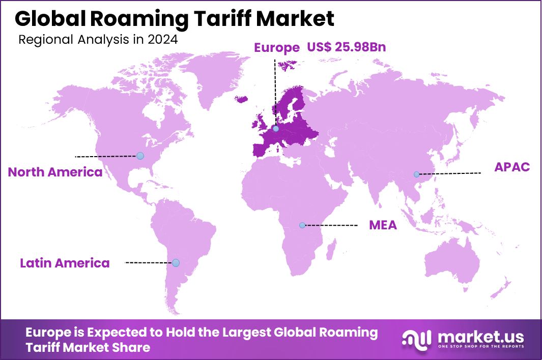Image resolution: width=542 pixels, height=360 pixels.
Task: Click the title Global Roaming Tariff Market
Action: coord(175,18)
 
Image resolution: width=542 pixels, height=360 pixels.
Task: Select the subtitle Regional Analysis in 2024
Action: coord(98,40)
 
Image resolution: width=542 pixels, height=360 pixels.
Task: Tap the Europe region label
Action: coord(276,48)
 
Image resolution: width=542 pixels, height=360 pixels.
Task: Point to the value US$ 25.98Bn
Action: coord(346,48)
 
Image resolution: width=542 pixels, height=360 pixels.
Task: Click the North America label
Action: coord(55,172)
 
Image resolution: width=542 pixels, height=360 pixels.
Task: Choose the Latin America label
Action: coord(65,263)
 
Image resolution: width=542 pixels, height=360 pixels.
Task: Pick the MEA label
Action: coord(383,225)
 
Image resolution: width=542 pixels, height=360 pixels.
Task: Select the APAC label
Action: coord(512,167)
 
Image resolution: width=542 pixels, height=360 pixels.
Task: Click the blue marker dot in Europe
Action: coord(276,129)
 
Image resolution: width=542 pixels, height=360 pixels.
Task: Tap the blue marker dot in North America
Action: coord(140,156)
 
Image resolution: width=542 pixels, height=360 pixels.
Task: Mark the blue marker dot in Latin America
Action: coord(176,263)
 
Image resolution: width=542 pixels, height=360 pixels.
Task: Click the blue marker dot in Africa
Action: coord(302,225)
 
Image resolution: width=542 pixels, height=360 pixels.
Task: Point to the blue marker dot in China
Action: coord(416,174)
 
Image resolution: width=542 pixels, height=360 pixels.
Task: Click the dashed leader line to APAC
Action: coord(450,173)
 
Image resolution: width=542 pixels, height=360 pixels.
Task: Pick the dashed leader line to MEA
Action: coord(331,225)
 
